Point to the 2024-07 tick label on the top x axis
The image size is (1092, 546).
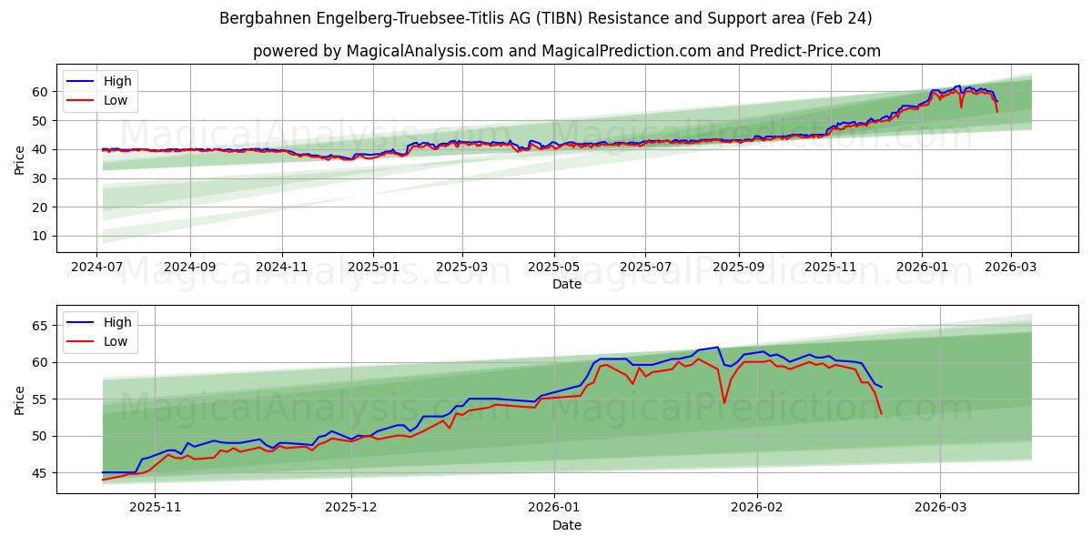coord(97,268)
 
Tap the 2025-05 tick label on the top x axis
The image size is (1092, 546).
coord(553,268)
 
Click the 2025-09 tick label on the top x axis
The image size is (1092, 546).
coord(738,268)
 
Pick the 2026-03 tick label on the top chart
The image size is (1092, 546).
coord(1011,268)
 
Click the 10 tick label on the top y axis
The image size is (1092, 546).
coord(39,236)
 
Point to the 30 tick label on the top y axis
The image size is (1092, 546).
coord(39,178)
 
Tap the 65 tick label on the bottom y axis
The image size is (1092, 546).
coord(39,326)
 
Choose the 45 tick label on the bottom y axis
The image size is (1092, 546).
coord(39,473)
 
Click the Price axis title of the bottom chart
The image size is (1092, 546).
coord(20,399)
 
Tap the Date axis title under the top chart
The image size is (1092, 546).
coord(566,284)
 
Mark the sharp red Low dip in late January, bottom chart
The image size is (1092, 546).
coord(724,402)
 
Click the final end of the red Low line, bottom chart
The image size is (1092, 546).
coord(881,414)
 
